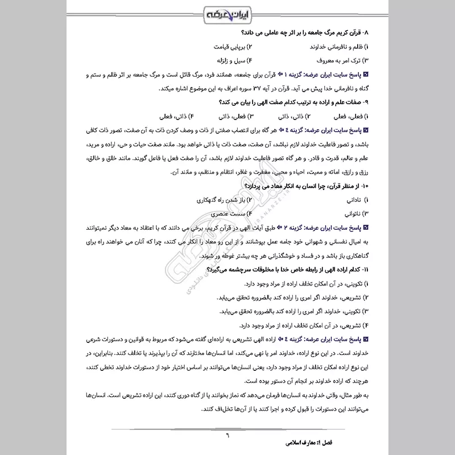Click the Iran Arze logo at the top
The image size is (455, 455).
[227, 13]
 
